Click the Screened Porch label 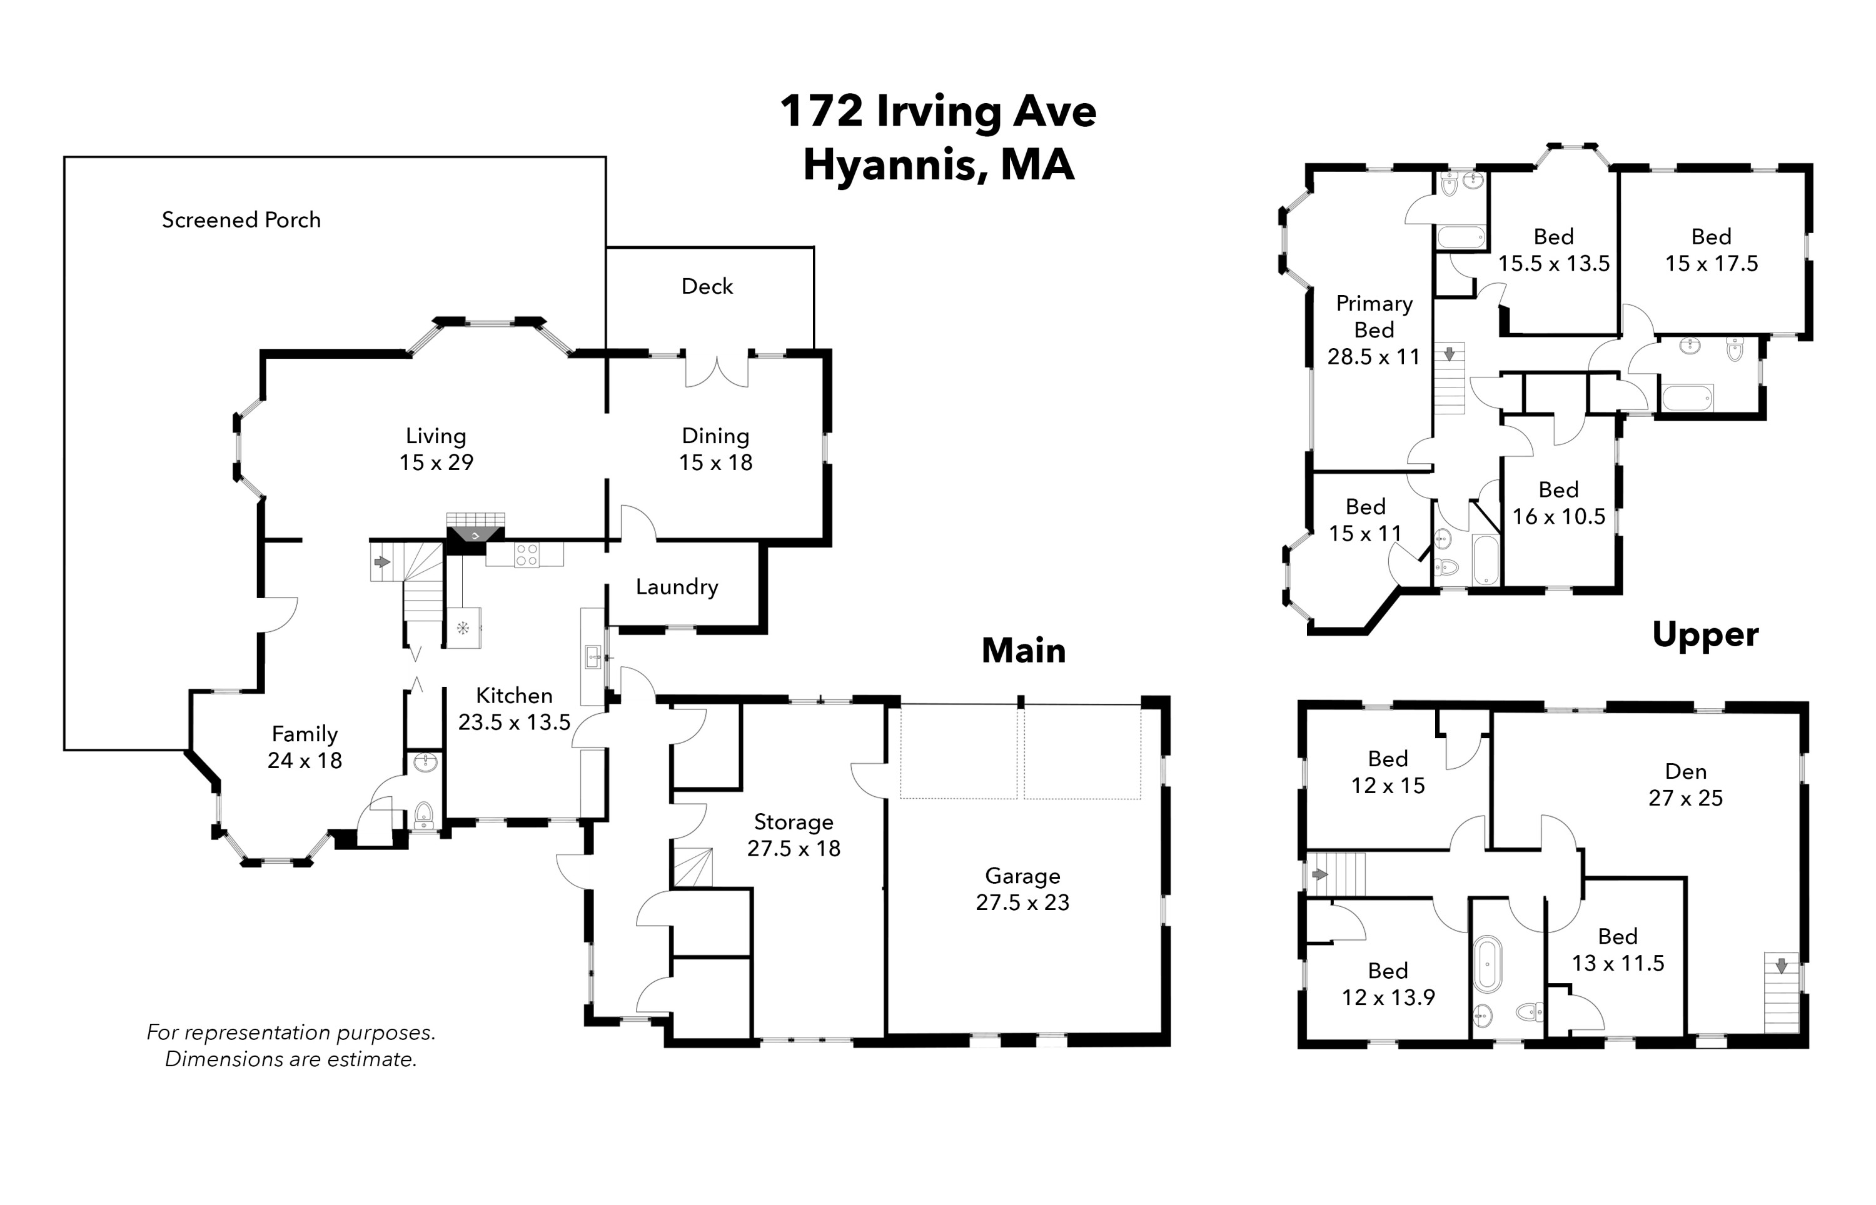click(x=241, y=220)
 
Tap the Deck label click(x=707, y=286)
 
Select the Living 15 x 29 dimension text click(x=436, y=462)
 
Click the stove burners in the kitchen click(x=527, y=556)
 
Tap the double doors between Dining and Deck click(x=717, y=371)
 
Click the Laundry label click(x=676, y=587)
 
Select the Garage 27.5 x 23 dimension click(x=1022, y=902)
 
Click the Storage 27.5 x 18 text click(x=794, y=848)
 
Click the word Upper click(x=1705, y=634)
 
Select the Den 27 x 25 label click(x=1685, y=785)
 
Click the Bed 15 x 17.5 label click(x=1711, y=251)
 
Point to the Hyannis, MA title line click(x=939, y=165)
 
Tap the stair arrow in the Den click(x=1782, y=966)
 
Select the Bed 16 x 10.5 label click(x=1558, y=503)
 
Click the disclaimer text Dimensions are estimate click(x=290, y=1059)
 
